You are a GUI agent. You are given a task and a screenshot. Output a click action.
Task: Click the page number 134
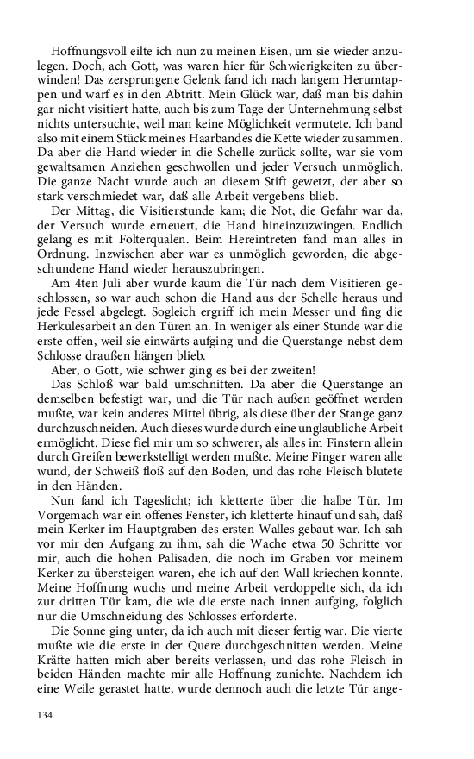[x=45, y=714]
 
